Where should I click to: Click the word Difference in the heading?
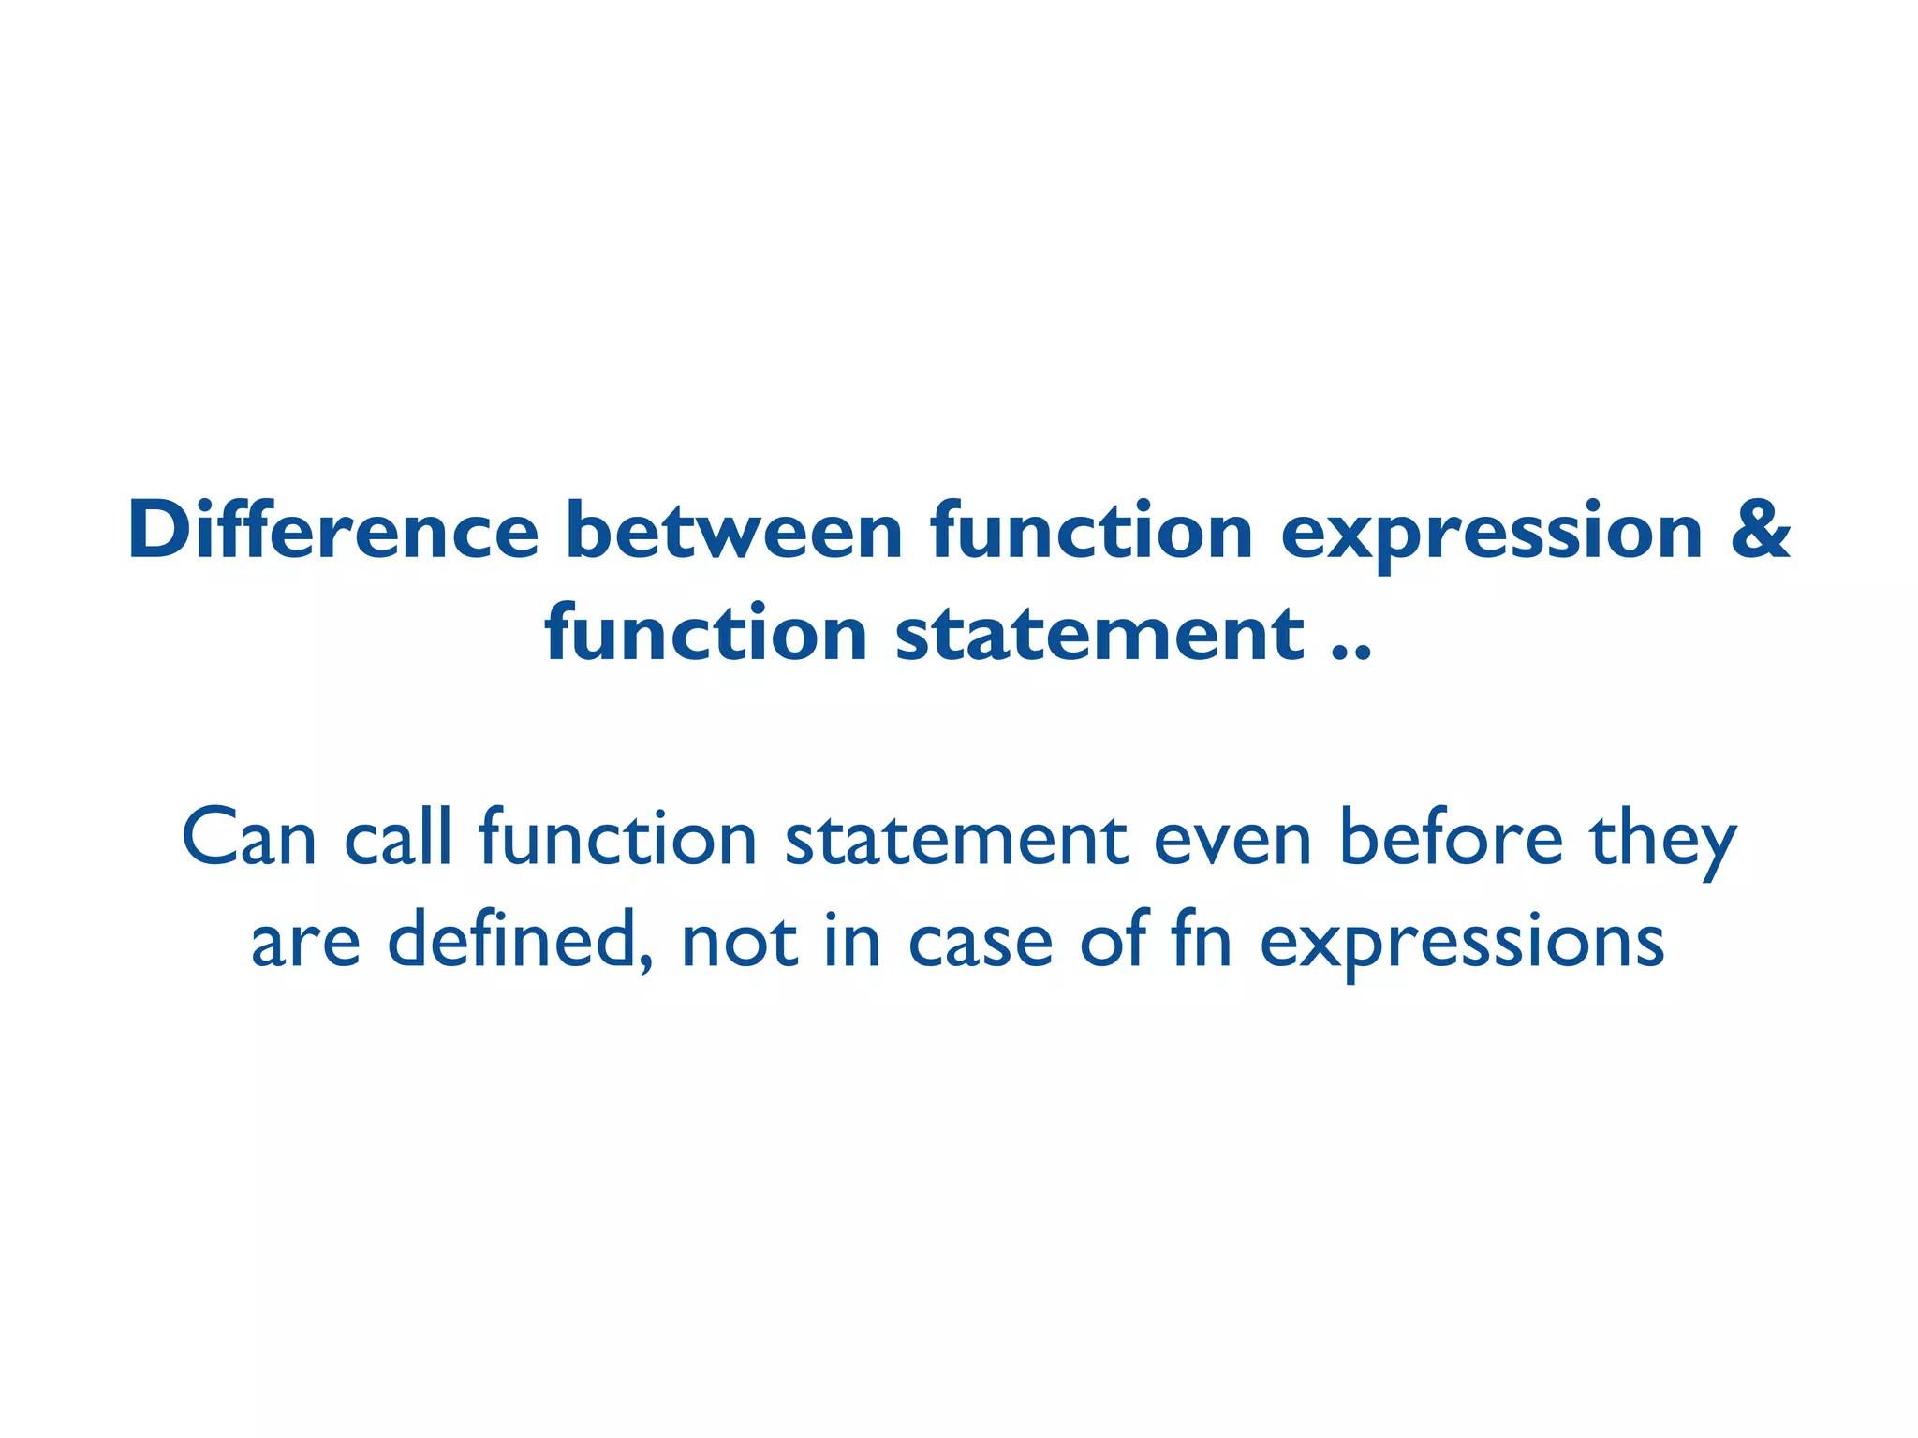click(332, 531)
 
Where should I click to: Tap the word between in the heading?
click(733, 531)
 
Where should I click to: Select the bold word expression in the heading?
click(1491, 531)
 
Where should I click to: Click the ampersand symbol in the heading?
click(1760, 531)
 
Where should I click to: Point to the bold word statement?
click(1099, 634)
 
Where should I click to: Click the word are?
click(305, 942)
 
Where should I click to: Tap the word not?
click(740, 942)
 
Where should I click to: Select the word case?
click(981, 942)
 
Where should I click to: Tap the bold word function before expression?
click(1091, 531)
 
